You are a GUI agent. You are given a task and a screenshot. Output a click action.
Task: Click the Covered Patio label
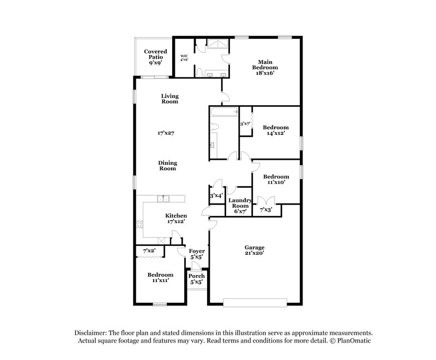(155, 57)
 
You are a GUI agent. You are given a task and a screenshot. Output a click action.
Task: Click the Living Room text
(169, 99)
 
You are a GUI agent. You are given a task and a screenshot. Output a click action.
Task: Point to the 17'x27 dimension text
(168, 133)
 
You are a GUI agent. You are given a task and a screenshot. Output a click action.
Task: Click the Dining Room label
(167, 166)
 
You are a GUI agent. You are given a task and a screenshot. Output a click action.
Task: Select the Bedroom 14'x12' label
(275, 130)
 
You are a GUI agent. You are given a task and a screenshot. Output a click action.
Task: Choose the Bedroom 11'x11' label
(160, 277)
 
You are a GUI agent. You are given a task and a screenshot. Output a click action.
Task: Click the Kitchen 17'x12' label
(176, 219)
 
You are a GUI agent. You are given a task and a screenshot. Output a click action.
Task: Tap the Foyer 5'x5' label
(197, 254)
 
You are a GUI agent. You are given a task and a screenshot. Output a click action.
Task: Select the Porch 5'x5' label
(196, 279)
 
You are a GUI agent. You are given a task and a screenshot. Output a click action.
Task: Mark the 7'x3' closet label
(265, 209)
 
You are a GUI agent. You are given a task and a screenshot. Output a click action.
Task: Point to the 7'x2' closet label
(149, 250)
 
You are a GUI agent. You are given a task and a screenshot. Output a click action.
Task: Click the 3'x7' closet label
(245, 124)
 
